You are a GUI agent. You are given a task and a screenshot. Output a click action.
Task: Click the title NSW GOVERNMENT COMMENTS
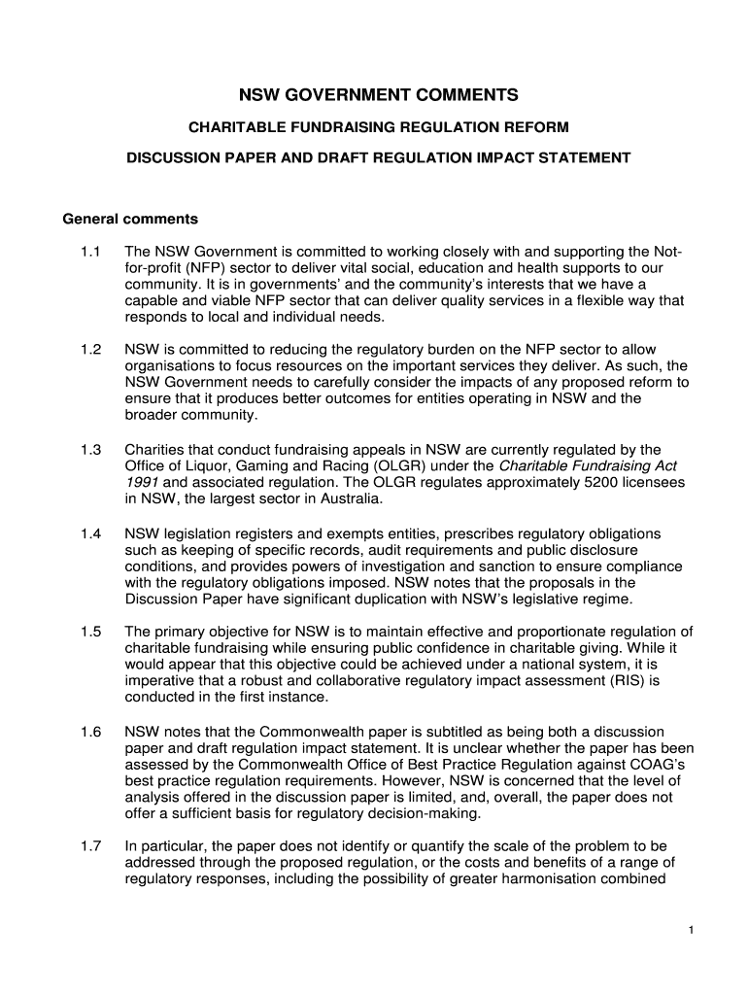[379, 95]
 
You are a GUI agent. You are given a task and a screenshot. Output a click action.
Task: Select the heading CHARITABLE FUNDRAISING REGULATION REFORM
[378, 127]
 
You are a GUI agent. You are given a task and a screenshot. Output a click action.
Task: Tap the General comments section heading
[130, 219]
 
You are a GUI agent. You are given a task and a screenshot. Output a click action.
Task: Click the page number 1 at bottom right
[689, 931]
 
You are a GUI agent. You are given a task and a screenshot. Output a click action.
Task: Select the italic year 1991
[142, 483]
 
